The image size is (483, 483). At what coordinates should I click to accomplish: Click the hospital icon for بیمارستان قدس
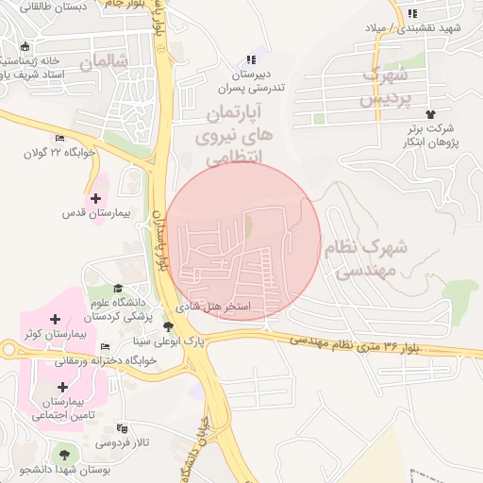click(x=95, y=198)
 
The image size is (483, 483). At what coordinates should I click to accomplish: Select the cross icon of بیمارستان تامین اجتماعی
click(x=63, y=387)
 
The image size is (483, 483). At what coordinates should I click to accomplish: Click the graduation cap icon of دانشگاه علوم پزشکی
click(x=118, y=289)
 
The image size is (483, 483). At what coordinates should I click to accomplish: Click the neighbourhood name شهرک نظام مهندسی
click(x=362, y=257)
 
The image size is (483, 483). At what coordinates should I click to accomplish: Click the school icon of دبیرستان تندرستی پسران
click(x=250, y=59)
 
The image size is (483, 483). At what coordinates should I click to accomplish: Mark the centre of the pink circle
click(x=243, y=241)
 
